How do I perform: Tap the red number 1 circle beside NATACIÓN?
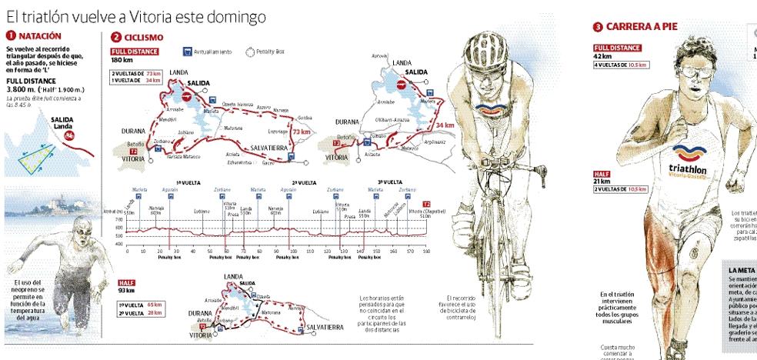click(8, 35)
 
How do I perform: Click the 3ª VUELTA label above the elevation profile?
click(390, 182)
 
